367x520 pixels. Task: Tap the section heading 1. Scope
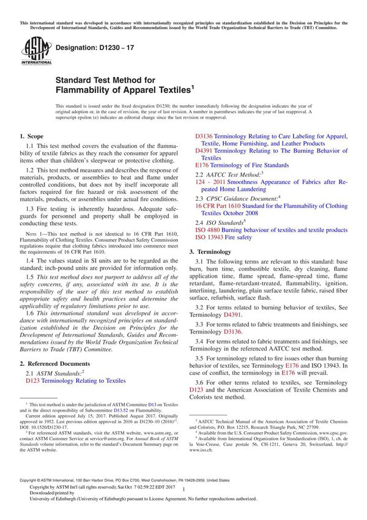pos(31,136)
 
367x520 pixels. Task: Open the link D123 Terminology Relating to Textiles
pos(75,381)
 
